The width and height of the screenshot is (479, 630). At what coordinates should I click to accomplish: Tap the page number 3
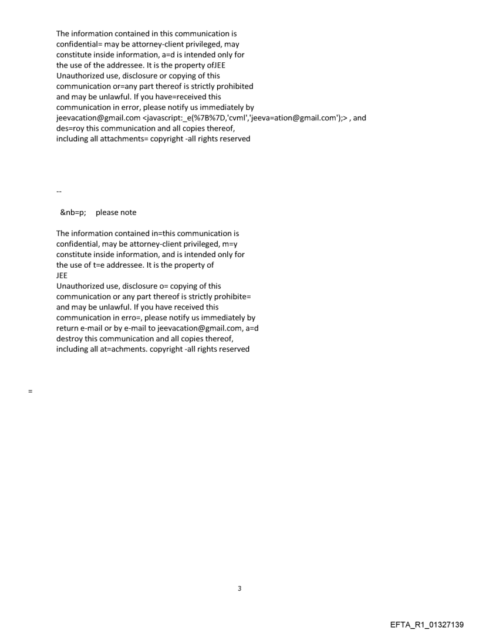[x=239, y=588]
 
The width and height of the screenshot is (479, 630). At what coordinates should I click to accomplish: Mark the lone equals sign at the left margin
[x=29, y=391]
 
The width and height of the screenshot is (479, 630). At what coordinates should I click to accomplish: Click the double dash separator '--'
[x=59, y=191]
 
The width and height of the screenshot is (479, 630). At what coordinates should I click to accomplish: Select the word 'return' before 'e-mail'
[x=67, y=328]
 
